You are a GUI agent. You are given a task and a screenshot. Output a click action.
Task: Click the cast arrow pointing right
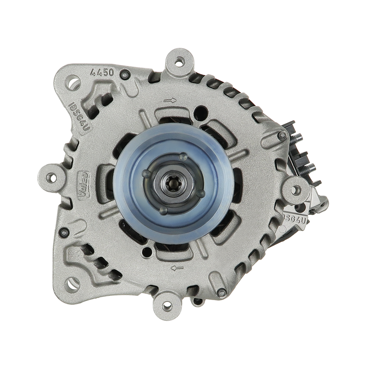point(170,100)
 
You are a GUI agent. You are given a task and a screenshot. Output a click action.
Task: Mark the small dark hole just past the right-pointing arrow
point(201,110)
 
